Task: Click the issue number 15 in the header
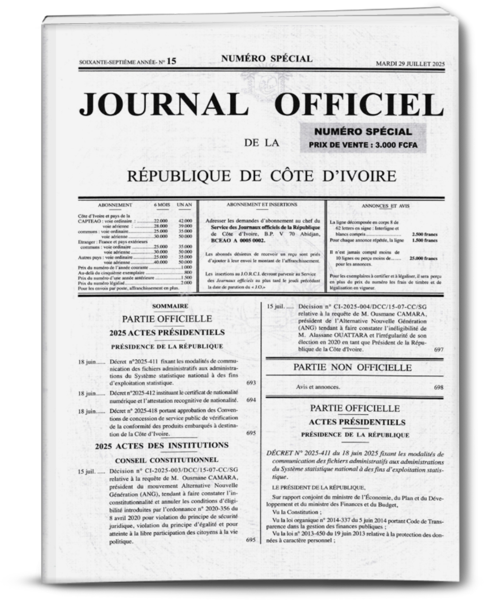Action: (171, 61)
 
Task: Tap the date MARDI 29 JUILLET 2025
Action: (410, 64)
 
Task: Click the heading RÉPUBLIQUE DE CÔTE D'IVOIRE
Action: (262, 176)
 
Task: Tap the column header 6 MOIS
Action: (162, 205)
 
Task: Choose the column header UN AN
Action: (184, 205)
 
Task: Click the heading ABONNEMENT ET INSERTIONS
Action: (262, 205)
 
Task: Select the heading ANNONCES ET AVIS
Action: (385, 206)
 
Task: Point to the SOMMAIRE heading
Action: (170, 306)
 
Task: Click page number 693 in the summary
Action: (251, 383)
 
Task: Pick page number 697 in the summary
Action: (438, 349)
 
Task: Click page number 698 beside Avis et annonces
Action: (438, 387)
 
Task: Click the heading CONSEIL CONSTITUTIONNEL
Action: (167, 460)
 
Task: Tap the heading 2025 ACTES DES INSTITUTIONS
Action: (162, 446)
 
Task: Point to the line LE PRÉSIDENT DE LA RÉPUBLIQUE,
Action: (319, 487)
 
